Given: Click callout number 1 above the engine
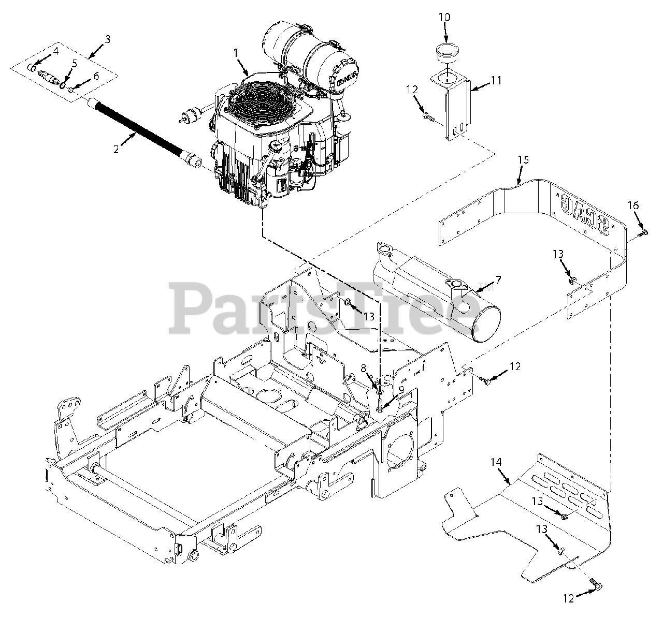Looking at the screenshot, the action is pos(236,53).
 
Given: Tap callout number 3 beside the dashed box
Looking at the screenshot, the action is pos(107,39).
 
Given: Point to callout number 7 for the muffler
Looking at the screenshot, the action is pos(498,280).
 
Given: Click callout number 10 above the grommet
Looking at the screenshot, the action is pos(444,17).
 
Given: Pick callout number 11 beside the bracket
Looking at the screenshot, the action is pos(497,80).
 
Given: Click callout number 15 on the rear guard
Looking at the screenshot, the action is pos(523,160).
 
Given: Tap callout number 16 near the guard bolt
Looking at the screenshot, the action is pos(633,205).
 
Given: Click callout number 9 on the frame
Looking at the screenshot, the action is pos(401,390).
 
